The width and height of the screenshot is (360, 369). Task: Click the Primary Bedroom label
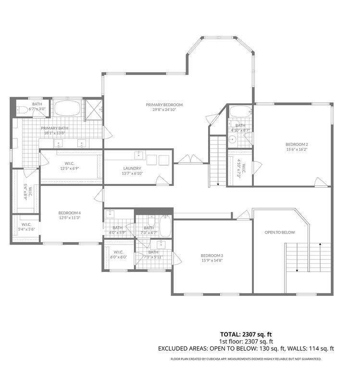(x=164, y=105)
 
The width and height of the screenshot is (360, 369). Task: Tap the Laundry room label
(x=132, y=168)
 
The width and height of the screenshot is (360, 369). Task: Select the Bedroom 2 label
(x=297, y=144)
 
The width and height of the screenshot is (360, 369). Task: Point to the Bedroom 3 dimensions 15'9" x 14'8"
(x=212, y=260)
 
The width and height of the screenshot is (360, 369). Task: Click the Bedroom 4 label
(x=70, y=213)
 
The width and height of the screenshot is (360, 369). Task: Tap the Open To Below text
(x=279, y=232)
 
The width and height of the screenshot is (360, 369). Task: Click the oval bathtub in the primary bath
(x=67, y=108)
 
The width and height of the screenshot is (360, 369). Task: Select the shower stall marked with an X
(x=93, y=110)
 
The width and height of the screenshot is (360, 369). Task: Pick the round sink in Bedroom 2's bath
(x=232, y=139)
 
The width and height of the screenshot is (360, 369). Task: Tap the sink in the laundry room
(x=138, y=155)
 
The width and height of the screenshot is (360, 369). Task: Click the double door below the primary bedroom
(x=190, y=159)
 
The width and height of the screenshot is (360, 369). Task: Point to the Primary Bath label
(x=55, y=128)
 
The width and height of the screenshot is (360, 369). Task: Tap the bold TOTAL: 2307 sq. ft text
(x=246, y=334)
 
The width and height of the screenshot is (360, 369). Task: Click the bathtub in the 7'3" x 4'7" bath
(x=165, y=226)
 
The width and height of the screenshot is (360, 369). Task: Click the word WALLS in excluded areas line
(x=296, y=348)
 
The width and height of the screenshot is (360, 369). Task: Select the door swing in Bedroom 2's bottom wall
(x=321, y=183)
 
